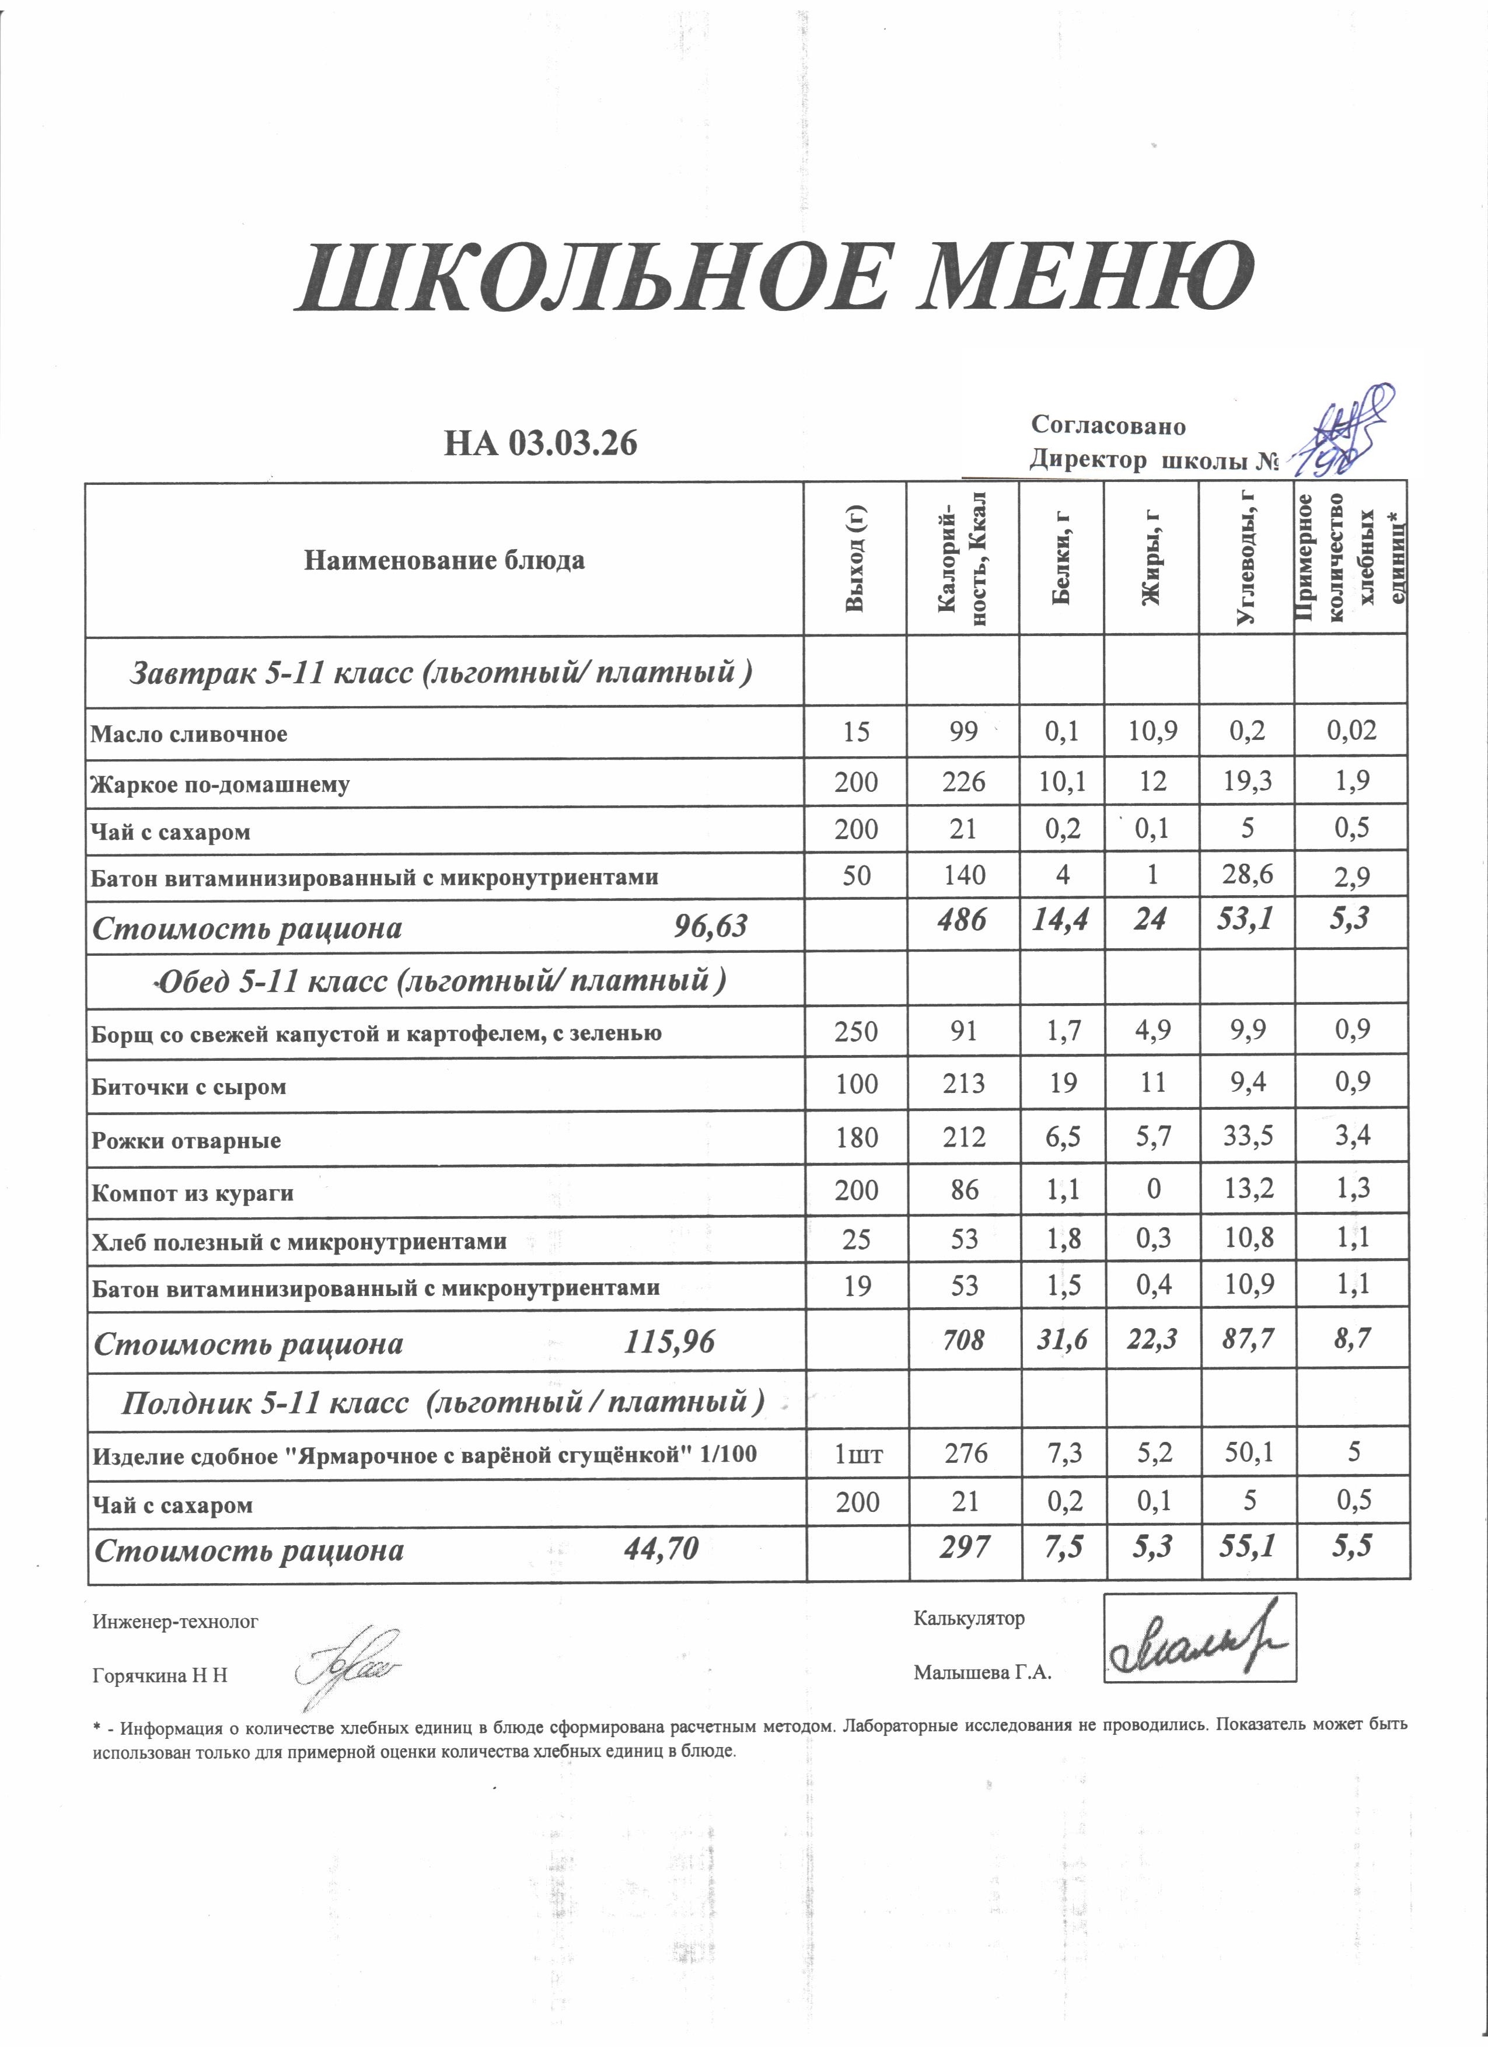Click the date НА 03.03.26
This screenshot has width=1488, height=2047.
(x=540, y=443)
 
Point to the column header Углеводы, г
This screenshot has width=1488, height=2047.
(x=1246, y=560)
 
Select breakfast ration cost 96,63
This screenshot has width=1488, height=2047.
(x=711, y=926)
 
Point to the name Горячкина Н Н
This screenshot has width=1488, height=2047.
(x=160, y=1676)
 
